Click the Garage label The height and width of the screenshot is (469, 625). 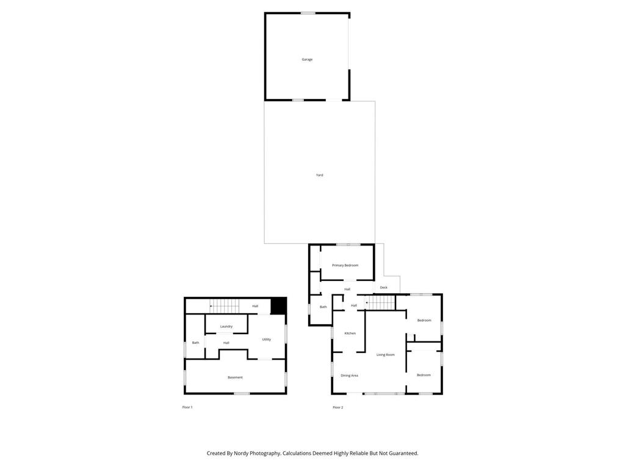[x=307, y=59]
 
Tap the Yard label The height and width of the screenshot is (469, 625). [x=319, y=175]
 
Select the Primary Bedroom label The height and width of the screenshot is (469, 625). [x=345, y=265]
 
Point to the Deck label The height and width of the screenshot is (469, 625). [x=383, y=287]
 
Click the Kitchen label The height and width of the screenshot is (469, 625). [x=350, y=333]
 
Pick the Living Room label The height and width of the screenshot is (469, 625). [x=385, y=355]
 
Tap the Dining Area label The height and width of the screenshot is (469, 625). [x=349, y=376]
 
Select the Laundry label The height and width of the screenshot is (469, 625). [x=226, y=326]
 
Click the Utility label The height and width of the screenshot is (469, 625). [x=266, y=340]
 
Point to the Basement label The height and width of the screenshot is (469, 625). [x=235, y=377]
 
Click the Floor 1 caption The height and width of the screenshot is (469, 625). [x=187, y=407]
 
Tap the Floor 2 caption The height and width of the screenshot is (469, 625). [x=338, y=407]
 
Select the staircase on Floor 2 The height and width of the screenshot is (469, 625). [x=380, y=302]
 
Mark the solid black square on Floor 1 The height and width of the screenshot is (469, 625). [x=278, y=305]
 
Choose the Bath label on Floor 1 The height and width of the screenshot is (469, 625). [x=195, y=343]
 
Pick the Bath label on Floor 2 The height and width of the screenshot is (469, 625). [x=323, y=307]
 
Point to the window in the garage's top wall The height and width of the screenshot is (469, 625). [x=308, y=13]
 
